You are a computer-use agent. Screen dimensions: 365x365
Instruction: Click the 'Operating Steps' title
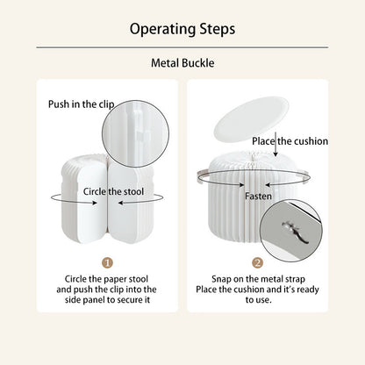pos(182,30)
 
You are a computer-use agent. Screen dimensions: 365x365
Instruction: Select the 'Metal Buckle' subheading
pos(182,63)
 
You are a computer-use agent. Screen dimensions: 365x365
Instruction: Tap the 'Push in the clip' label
pos(81,104)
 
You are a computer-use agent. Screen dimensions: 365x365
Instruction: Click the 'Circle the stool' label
pos(113,191)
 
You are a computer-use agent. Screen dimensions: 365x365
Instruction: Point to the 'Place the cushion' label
pos(290,141)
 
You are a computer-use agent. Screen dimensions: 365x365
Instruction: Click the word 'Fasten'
pos(258,196)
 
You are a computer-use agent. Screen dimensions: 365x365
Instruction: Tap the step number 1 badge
pos(107,262)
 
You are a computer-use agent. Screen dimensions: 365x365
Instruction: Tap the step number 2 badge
pos(257,262)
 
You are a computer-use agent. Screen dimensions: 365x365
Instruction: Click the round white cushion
pos(251,118)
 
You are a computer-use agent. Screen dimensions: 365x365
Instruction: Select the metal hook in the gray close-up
pos(295,232)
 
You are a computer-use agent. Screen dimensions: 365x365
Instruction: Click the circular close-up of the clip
pos(135,134)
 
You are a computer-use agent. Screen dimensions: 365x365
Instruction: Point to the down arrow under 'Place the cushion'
pos(276,147)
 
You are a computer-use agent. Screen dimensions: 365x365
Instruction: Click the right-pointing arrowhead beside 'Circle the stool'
pos(94,203)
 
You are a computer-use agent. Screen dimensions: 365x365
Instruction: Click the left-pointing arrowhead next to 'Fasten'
pos(268,185)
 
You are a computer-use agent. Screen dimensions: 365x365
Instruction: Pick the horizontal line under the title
pos(182,47)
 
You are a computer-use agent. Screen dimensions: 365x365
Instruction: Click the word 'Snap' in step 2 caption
pos(221,279)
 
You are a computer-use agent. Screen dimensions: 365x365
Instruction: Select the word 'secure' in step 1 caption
pos(131,300)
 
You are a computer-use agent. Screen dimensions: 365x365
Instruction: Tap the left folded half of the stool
pos(84,199)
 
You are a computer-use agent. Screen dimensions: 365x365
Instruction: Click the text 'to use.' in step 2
pos(259,300)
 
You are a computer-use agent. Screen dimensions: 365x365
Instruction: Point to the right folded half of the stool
pos(131,202)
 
